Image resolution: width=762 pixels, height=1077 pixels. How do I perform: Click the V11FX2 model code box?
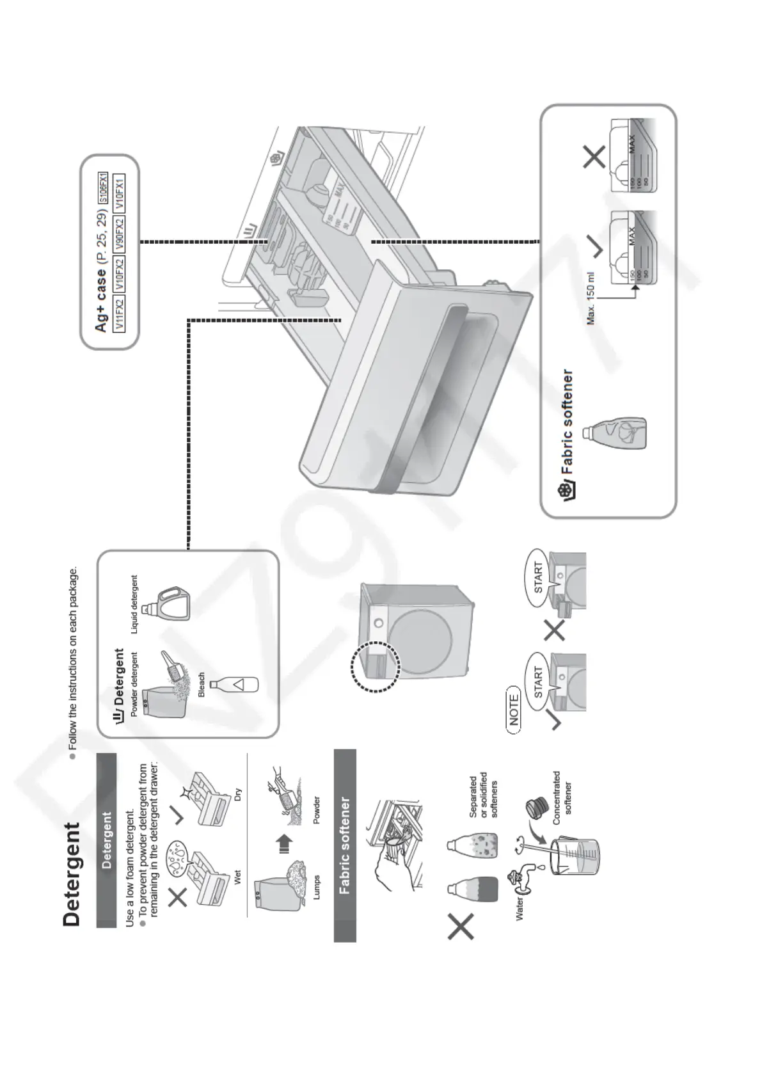coord(119,314)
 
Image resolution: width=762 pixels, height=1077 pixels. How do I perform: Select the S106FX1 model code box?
coord(102,187)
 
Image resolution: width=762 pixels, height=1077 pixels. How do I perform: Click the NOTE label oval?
coord(513,708)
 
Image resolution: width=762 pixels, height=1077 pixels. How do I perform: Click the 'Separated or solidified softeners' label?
coord(484,795)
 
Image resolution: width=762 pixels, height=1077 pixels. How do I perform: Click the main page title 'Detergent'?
coord(72,874)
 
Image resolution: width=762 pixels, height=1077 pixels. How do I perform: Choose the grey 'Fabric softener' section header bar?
coord(345,845)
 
